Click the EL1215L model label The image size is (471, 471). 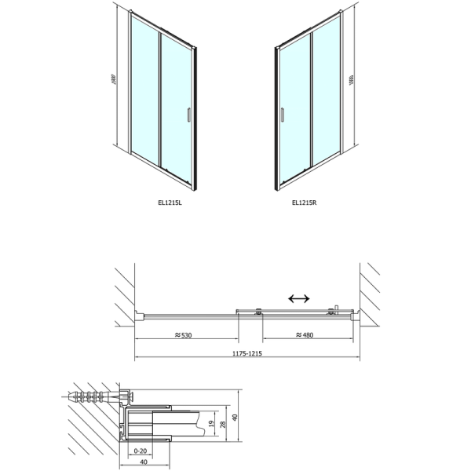point(170,203)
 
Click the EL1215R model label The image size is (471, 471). point(303,203)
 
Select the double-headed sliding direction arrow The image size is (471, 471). point(298,298)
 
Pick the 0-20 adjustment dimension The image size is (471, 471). point(141,451)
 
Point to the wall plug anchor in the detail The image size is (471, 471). point(98,394)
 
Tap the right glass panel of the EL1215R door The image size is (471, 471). point(326,98)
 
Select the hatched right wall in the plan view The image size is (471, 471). point(369,294)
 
